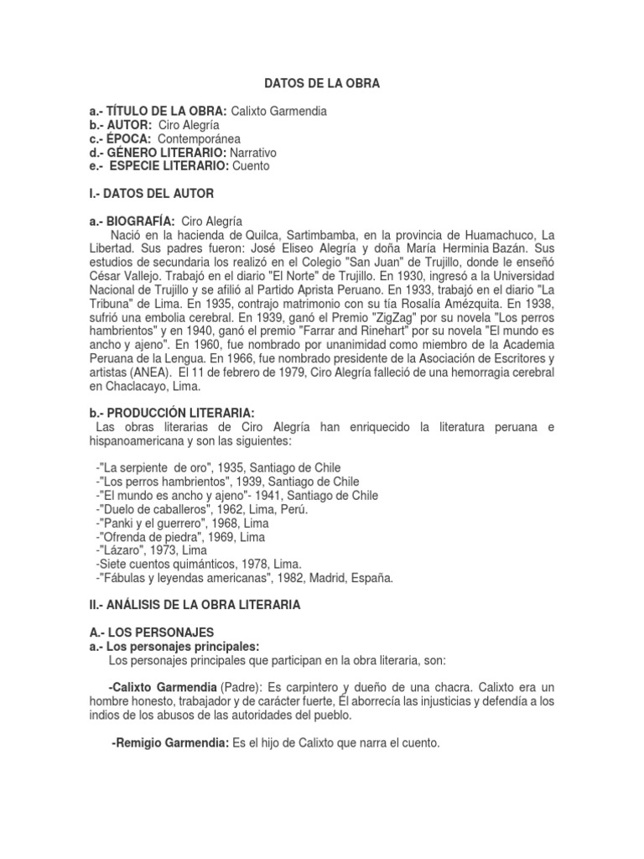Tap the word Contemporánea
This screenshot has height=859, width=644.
[201, 139]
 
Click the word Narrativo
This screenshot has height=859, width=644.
[247, 153]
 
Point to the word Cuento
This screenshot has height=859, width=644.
[251, 166]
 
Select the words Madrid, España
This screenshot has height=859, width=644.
[351, 577]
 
